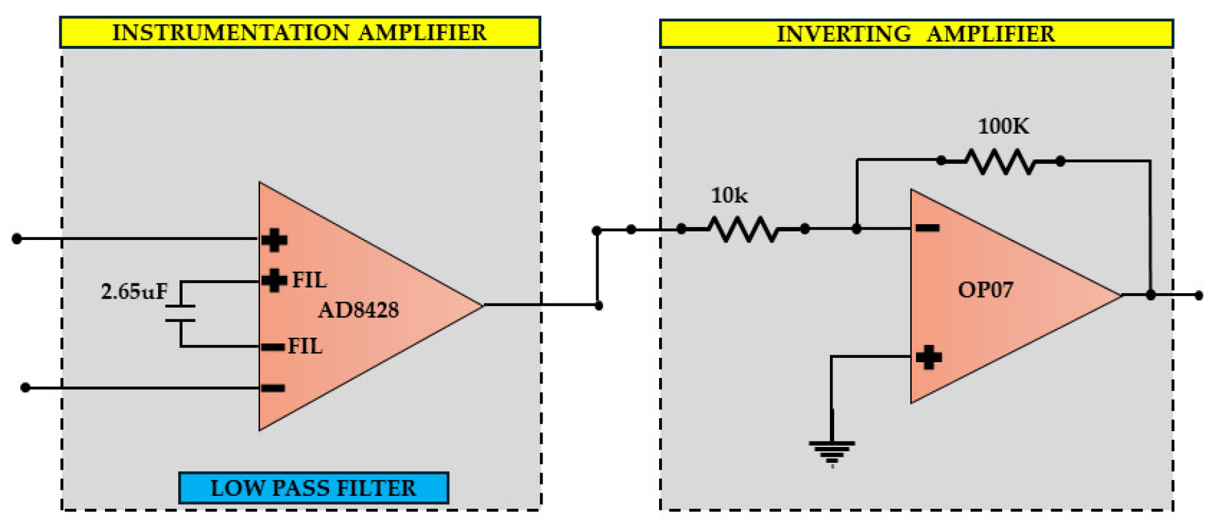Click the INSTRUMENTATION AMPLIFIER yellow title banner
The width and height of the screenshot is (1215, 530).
click(300, 32)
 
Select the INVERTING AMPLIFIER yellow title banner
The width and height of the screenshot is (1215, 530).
click(915, 34)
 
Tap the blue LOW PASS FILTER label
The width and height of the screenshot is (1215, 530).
click(313, 488)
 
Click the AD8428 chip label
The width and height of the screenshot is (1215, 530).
click(358, 310)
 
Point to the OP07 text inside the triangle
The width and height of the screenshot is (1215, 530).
click(985, 289)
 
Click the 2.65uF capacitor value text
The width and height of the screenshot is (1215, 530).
click(134, 291)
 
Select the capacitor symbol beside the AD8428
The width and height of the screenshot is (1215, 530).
click(181, 313)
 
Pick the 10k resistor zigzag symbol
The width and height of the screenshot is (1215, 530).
click(743, 230)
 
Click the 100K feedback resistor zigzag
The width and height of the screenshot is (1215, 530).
click(1000, 162)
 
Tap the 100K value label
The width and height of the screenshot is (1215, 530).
click(1003, 126)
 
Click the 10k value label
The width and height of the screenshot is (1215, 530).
click(729, 195)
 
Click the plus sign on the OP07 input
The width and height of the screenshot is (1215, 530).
click(928, 357)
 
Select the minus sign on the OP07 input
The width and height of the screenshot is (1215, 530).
click(928, 228)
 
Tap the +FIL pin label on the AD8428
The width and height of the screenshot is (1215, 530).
click(309, 280)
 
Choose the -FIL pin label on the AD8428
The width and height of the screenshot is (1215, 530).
click(304, 346)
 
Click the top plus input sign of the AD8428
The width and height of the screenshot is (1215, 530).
click(274, 240)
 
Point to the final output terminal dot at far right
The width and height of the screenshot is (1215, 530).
click(1199, 296)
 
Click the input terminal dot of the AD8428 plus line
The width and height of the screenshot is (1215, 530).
click(17, 239)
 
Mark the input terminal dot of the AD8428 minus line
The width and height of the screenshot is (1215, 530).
click(25, 388)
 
